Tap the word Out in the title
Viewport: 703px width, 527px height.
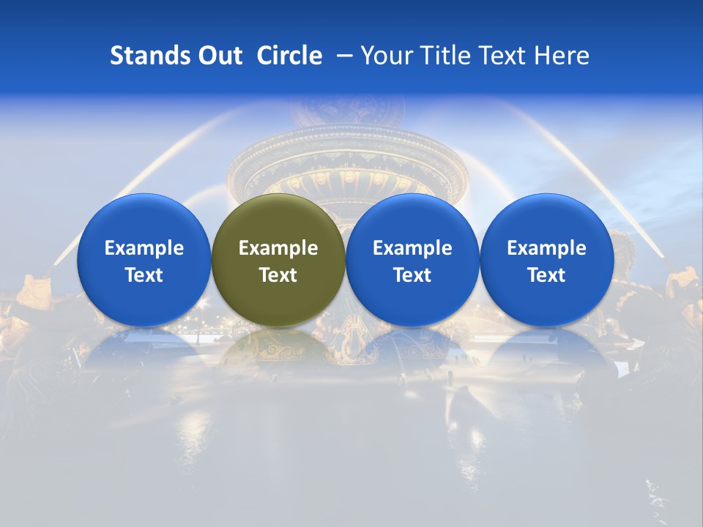coord(220,56)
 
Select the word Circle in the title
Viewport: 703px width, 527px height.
coord(289,56)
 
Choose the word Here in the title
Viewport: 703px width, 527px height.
coord(562,56)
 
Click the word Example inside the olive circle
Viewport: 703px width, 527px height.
coord(278,248)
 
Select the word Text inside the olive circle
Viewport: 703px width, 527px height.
coord(278,275)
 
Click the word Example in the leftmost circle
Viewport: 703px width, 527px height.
coord(144,248)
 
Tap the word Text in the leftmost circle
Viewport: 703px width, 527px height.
coord(144,275)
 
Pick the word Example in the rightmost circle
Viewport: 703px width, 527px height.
coord(546,248)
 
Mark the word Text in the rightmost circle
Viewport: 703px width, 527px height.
coord(546,275)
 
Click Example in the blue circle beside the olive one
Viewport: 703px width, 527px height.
coord(412,248)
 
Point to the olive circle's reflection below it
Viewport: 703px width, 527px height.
coord(278,348)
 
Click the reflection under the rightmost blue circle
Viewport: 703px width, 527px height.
coord(546,348)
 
